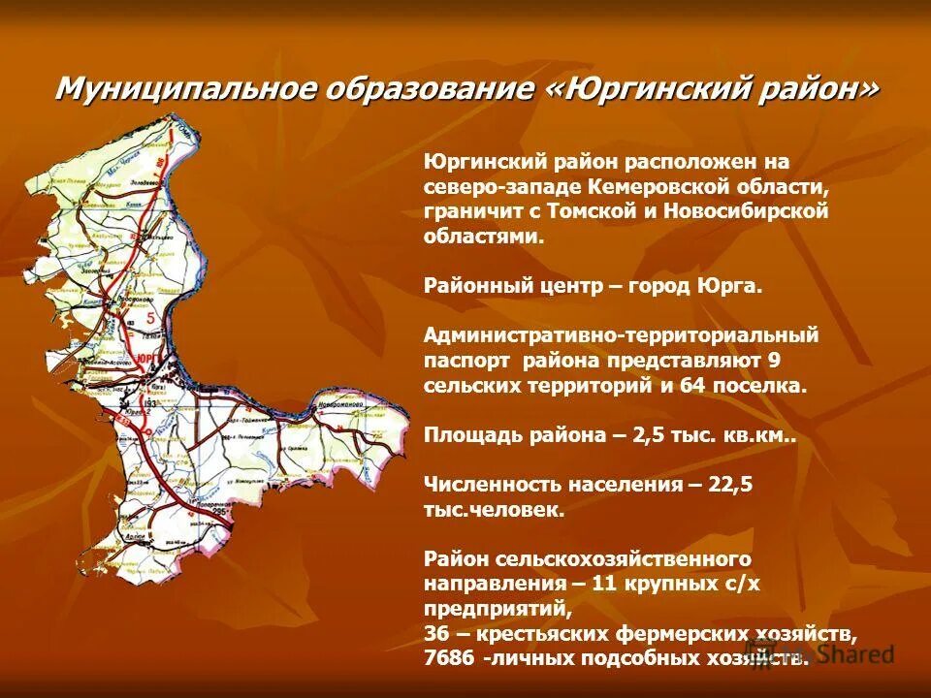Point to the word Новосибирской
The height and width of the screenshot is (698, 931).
coord(747,209)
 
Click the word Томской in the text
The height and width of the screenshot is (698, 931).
coord(592,209)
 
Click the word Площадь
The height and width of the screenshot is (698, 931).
coord(472,435)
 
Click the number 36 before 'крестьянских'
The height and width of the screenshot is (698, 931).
coord(436,634)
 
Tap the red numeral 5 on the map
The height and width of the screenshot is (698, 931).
coord(149,317)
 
